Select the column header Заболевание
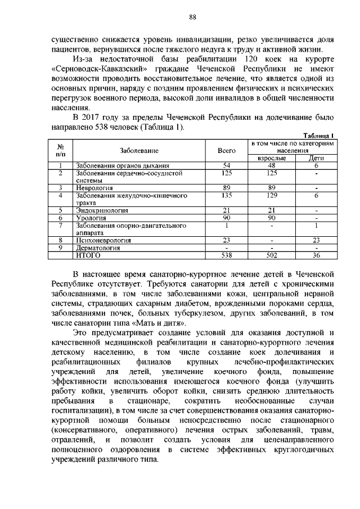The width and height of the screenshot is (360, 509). (x=138, y=151)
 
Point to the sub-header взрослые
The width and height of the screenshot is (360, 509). (x=272, y=159)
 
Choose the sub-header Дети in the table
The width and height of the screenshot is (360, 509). (x=317, y=159)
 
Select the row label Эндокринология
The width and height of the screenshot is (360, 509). (x=102, y=210)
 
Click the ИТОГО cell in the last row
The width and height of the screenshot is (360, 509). (x=88, y=255)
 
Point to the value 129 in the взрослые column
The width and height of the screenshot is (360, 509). (x=272, y=196)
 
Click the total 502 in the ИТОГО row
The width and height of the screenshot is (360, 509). (x=272, y=255)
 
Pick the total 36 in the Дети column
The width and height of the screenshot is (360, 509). (x=317, y=255)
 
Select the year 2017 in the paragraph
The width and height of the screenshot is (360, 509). (x=93, y=118)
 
